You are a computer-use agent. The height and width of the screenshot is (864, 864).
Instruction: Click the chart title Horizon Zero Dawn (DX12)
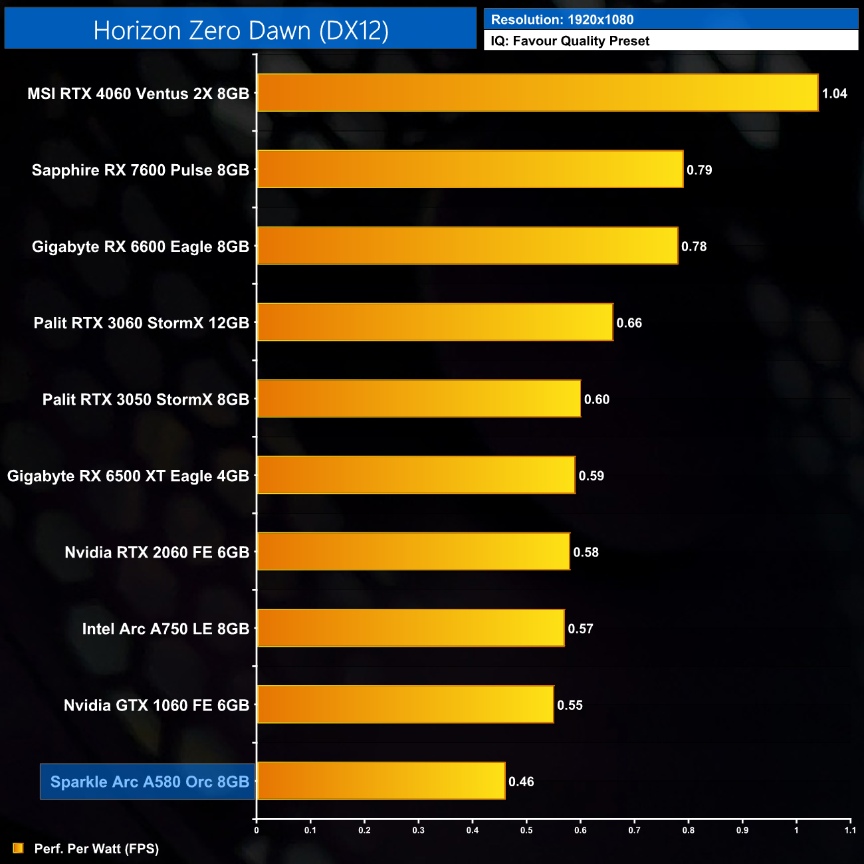tap(241, 31)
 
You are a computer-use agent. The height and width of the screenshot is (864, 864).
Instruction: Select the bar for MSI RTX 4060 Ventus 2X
tap(537, 92)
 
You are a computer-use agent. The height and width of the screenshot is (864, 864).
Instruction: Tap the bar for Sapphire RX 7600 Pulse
tap(470, 169)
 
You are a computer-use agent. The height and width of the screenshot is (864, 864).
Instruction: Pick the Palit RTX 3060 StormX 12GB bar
tap(435, 322)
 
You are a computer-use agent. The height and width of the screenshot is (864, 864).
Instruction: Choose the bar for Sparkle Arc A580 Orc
tap(381, 780)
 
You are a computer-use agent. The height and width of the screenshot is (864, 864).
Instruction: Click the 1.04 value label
tap(834, 94)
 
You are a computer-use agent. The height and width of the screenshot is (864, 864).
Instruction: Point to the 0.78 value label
tap(694, 247)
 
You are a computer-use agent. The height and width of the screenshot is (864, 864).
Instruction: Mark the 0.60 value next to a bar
tap(596, 399)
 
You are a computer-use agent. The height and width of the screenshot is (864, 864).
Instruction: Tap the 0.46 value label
tap(521, 782)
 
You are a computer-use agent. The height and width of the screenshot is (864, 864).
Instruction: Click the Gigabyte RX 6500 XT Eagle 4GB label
tap(128, 476)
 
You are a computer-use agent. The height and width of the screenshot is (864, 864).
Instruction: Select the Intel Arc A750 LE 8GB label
tap(165, 629)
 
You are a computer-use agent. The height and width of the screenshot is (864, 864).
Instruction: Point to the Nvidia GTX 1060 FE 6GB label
tap(156, 705)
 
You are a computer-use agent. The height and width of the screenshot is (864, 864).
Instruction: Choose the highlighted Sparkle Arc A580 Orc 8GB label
tap(150, 782)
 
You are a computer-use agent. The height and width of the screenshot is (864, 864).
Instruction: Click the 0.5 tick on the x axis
tap(526, 830)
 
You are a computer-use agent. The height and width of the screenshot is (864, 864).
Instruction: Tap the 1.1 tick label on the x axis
tap(850, 830)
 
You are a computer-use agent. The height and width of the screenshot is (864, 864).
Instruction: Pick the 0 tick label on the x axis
tap(257, 830)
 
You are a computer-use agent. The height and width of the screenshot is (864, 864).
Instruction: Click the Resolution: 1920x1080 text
tap(562, 20)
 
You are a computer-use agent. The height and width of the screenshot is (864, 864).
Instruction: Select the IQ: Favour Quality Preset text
tap(570, 41)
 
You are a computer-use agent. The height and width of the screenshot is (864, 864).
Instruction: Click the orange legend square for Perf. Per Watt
tap(18, 848)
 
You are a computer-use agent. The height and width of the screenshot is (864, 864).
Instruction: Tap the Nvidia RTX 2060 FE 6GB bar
tap(413, 551)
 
